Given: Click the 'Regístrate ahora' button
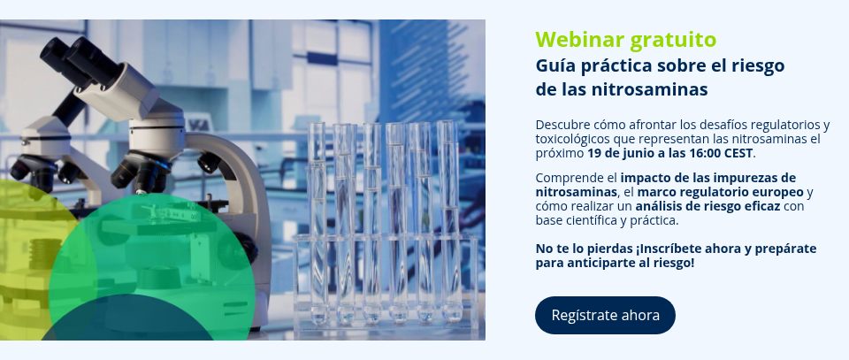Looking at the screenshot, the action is pyautogui.click(x=605, y=315).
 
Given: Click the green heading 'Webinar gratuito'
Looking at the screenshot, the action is pyautogui.click(x=626, y=40).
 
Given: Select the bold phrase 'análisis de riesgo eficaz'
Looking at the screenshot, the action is pyautogui.click(x=707, y=206).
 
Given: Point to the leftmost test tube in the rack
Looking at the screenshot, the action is pyautogui.click(x=317, y=222).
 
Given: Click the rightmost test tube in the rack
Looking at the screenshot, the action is pyautogui.click(x=449, y=221).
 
